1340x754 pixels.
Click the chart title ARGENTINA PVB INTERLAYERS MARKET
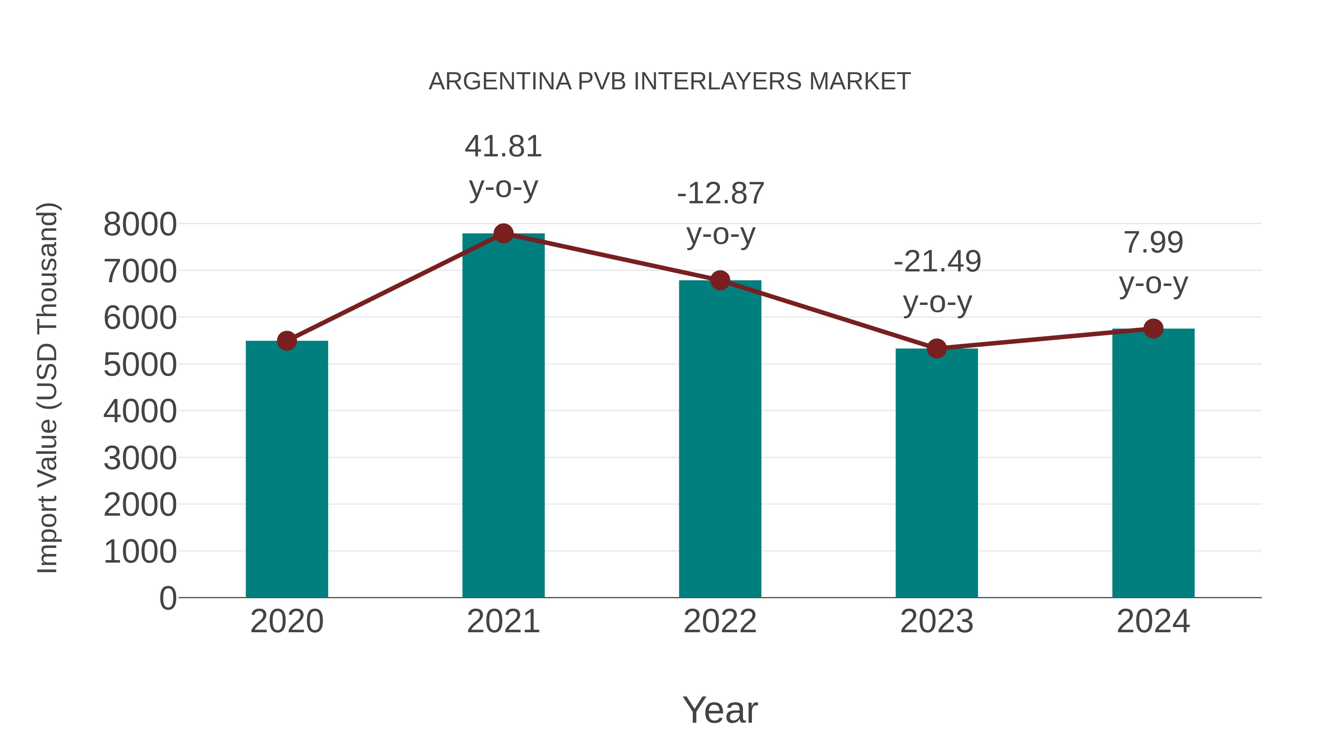coord(670,81)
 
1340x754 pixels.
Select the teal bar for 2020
coord(287,468)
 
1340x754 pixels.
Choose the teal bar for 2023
coord(937,474)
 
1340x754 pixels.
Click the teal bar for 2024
coord(1153,463)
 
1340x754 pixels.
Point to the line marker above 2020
coord(287,341)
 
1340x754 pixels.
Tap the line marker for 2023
coord(937,348)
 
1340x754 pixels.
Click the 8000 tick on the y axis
coord(140,225)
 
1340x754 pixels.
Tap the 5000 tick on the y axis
coord(140,365)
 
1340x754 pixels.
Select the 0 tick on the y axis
coord(167,598)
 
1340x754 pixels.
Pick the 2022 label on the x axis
coord(720,621)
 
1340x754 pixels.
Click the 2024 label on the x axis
coord(1153,621)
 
